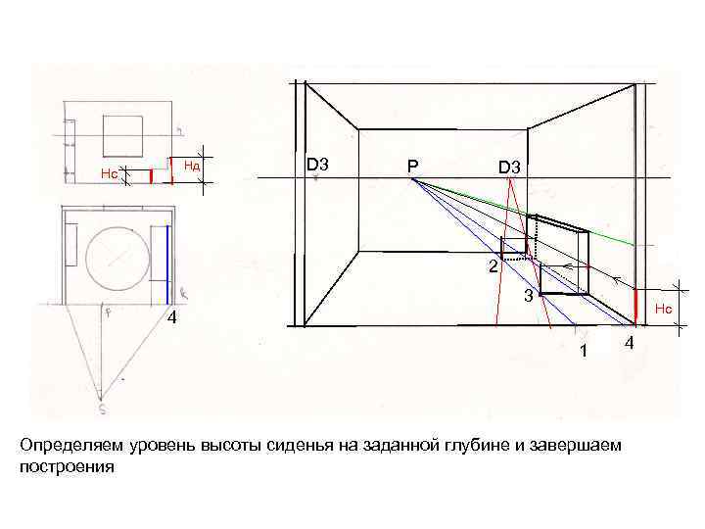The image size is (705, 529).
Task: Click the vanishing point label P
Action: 413,168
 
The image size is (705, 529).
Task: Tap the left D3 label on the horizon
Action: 317,165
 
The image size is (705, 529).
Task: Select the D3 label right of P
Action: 509,168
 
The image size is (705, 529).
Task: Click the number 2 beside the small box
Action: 493,266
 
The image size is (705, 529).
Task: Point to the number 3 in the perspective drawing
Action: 527,295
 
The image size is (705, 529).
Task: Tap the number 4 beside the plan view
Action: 170,319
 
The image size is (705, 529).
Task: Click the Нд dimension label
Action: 192,166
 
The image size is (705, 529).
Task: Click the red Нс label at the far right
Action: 664,310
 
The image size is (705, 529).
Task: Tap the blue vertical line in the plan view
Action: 167,263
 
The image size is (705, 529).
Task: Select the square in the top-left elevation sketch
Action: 122,134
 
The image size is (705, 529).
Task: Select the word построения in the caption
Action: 67,466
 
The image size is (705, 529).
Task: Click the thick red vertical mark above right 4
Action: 636,306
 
